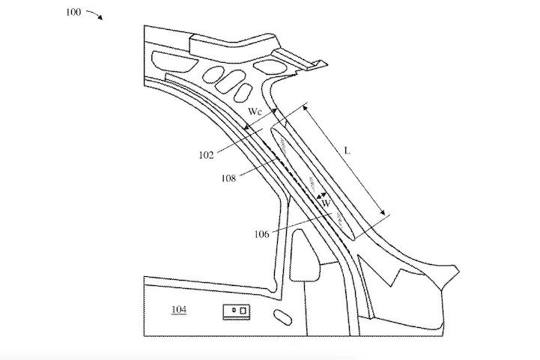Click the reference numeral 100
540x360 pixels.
click(73, 13)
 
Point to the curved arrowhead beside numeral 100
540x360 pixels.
click(100, 17)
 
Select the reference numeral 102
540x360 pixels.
click(206, 155)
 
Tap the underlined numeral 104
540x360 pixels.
click(179, 309)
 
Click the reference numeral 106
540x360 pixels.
click(261, 234)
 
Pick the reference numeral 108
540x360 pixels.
click(228, 178)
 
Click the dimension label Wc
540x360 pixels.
click(255, 112)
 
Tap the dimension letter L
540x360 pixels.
click(348, 150)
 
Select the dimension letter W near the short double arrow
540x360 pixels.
click(326, 204)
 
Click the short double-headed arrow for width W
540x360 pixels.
click(321, 196)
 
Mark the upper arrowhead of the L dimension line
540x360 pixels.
click(306, 109)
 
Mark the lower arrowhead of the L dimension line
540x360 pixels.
click(382, 212)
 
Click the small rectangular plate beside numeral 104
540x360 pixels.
click(236, 312)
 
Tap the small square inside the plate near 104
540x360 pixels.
click(243, 311)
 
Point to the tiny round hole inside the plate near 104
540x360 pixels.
click(234, 310)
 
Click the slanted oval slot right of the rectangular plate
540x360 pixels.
click(282, 317)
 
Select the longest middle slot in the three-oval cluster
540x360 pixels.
click(230, 82)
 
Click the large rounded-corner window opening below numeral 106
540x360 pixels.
click(305, 255)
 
